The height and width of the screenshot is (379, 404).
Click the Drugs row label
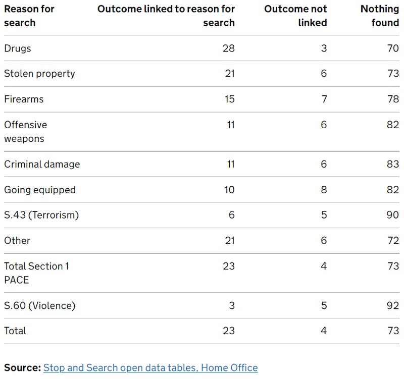[18, 48]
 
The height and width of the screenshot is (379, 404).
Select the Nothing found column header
[380, 16]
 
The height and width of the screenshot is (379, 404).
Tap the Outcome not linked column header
[295, 16]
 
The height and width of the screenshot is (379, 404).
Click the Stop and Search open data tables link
[150, 367]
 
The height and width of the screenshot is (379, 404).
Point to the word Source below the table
[22, 367]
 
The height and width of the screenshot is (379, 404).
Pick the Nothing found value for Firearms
[393, 99]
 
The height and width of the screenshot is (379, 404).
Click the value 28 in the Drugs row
[229, 48]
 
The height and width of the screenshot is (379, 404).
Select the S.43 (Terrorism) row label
[41, 215]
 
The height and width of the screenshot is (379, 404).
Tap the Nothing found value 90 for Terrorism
[393, 215]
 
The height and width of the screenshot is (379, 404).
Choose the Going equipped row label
[40, 190]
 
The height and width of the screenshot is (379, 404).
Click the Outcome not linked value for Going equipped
[324, 190]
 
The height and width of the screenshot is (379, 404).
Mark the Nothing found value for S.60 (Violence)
[393, 305]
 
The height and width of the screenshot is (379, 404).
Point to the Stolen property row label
[39, 74]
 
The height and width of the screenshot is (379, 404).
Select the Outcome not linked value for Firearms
[324, 99]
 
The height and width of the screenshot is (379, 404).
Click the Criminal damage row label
[42, 164]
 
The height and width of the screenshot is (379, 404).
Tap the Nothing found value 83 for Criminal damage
[393, 164]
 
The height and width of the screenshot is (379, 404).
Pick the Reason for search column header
[29, 16]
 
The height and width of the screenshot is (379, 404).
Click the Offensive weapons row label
[25, 131]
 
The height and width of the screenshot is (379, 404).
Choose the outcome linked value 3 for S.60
[231, 305]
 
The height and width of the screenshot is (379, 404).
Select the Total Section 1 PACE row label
[36, 273]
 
